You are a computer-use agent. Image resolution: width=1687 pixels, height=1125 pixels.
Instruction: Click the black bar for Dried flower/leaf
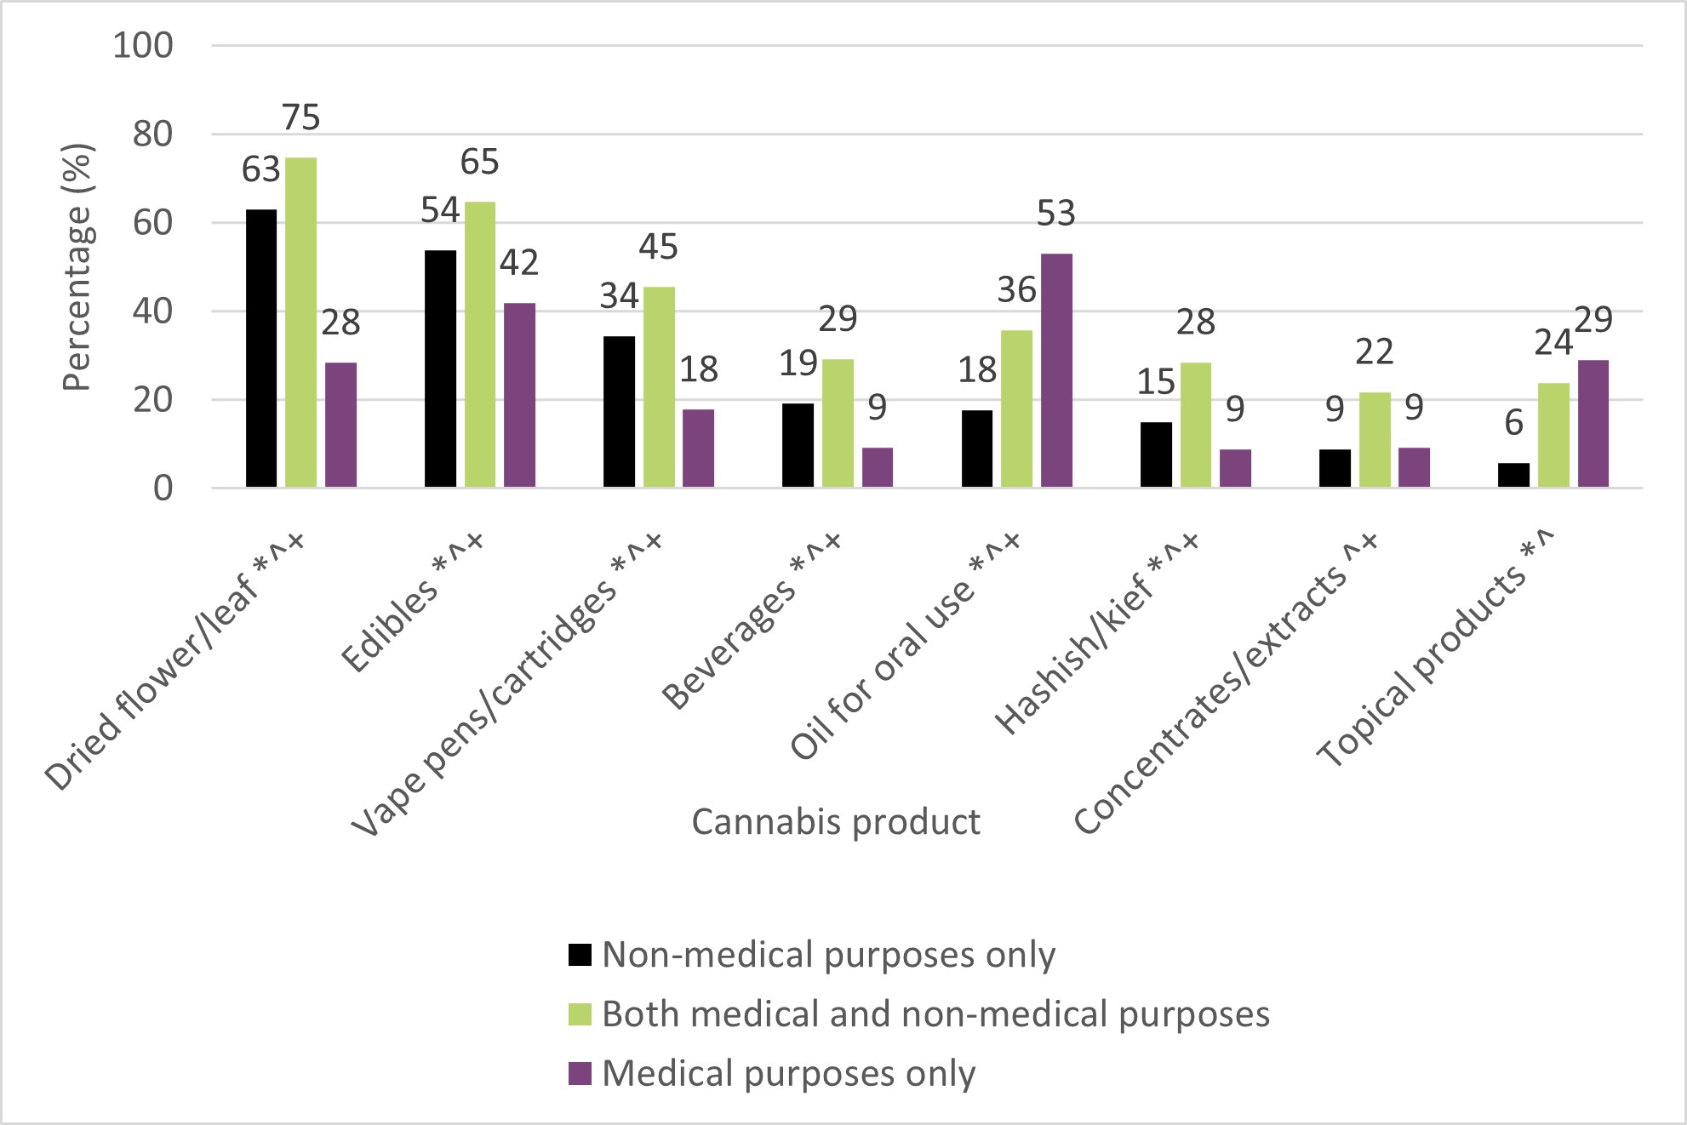tap(261, 348)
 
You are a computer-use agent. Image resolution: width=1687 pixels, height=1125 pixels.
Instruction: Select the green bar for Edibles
tap(480, 345)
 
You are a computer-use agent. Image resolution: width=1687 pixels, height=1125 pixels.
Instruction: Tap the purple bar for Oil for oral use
tap(1056, 370)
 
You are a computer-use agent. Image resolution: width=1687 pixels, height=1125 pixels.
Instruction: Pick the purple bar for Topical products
tap(1593, 424)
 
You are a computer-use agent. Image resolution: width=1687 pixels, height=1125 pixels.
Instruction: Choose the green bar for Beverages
tap(838, 423)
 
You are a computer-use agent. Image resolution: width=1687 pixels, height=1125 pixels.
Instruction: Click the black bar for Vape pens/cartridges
tap(619, 412)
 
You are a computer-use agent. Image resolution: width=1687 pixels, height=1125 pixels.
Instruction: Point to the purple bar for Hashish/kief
tap(1235, 468)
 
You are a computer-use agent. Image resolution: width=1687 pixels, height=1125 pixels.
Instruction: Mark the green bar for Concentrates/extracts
tap(1375, 440)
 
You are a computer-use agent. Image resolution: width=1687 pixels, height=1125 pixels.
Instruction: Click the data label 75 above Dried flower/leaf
tap(300, 117)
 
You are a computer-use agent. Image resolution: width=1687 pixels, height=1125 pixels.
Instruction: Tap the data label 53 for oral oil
tap(1055, 214)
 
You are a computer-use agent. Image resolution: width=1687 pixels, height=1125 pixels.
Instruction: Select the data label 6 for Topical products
tap(1513, 423)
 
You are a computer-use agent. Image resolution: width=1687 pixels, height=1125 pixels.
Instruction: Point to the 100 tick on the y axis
tap(143, 45)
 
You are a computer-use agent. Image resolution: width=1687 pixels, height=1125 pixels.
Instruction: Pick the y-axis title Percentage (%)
tap(77, 267)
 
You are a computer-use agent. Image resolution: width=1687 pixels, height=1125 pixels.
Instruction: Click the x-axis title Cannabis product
tap(836, 822)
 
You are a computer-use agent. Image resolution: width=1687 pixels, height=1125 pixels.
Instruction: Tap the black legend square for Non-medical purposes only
tap(580, 955)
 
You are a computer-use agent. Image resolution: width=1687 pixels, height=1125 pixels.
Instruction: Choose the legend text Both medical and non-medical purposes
tap(935, 1014)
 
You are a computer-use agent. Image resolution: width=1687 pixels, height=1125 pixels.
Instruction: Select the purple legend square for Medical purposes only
tap(580, 1073)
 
